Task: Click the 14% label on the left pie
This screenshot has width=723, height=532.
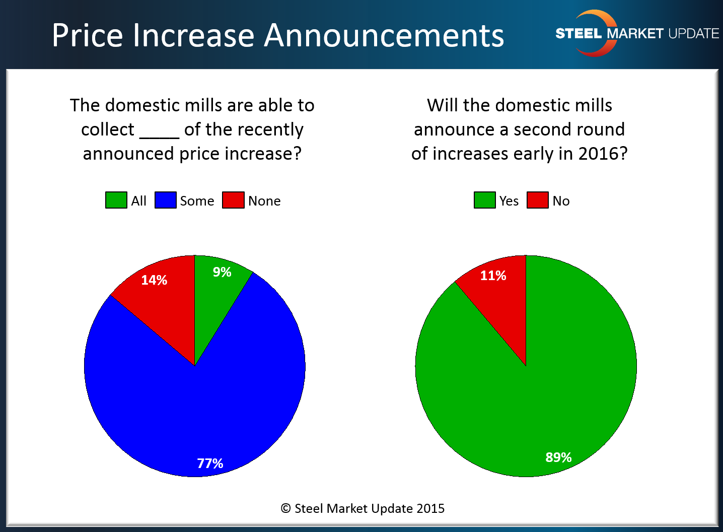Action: (154, 280)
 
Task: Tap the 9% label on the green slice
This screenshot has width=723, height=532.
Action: (222, 272)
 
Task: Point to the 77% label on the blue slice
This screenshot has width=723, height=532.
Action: (210, 463)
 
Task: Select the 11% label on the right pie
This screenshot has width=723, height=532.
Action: (493, 276)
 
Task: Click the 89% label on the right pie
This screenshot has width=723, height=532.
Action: (558, 457)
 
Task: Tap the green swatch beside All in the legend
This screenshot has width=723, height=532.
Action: (116, 200)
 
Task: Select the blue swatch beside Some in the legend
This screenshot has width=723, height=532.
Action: (165, 200)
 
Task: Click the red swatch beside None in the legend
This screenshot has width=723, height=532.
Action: (233, 200)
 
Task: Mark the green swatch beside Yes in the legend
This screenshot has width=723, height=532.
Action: (484, 200)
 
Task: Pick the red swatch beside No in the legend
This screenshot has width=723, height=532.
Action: (537, 200)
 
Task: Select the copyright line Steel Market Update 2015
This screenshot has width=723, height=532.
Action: (363, 508)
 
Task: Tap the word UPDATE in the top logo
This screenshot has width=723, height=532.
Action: (693, 34)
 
